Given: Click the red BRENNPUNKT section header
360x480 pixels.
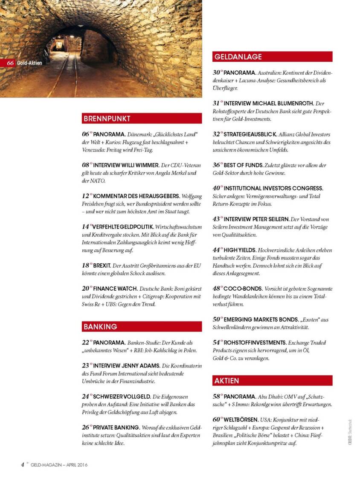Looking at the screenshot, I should [x=142, y=118].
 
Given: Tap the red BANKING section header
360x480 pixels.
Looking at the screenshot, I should [x=142, y=327].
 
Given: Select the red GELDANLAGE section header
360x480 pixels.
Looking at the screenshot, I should [x=272, y=57].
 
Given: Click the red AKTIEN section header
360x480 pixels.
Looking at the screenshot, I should [x=272, y=381].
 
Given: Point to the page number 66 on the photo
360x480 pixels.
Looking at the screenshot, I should [x=11, y=63].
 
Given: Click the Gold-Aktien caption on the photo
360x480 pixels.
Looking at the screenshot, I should [x=29, y=63].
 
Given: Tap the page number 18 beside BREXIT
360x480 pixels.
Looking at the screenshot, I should [x=85, y=265].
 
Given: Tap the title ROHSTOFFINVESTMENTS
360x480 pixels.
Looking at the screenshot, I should [x=255, y=342].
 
